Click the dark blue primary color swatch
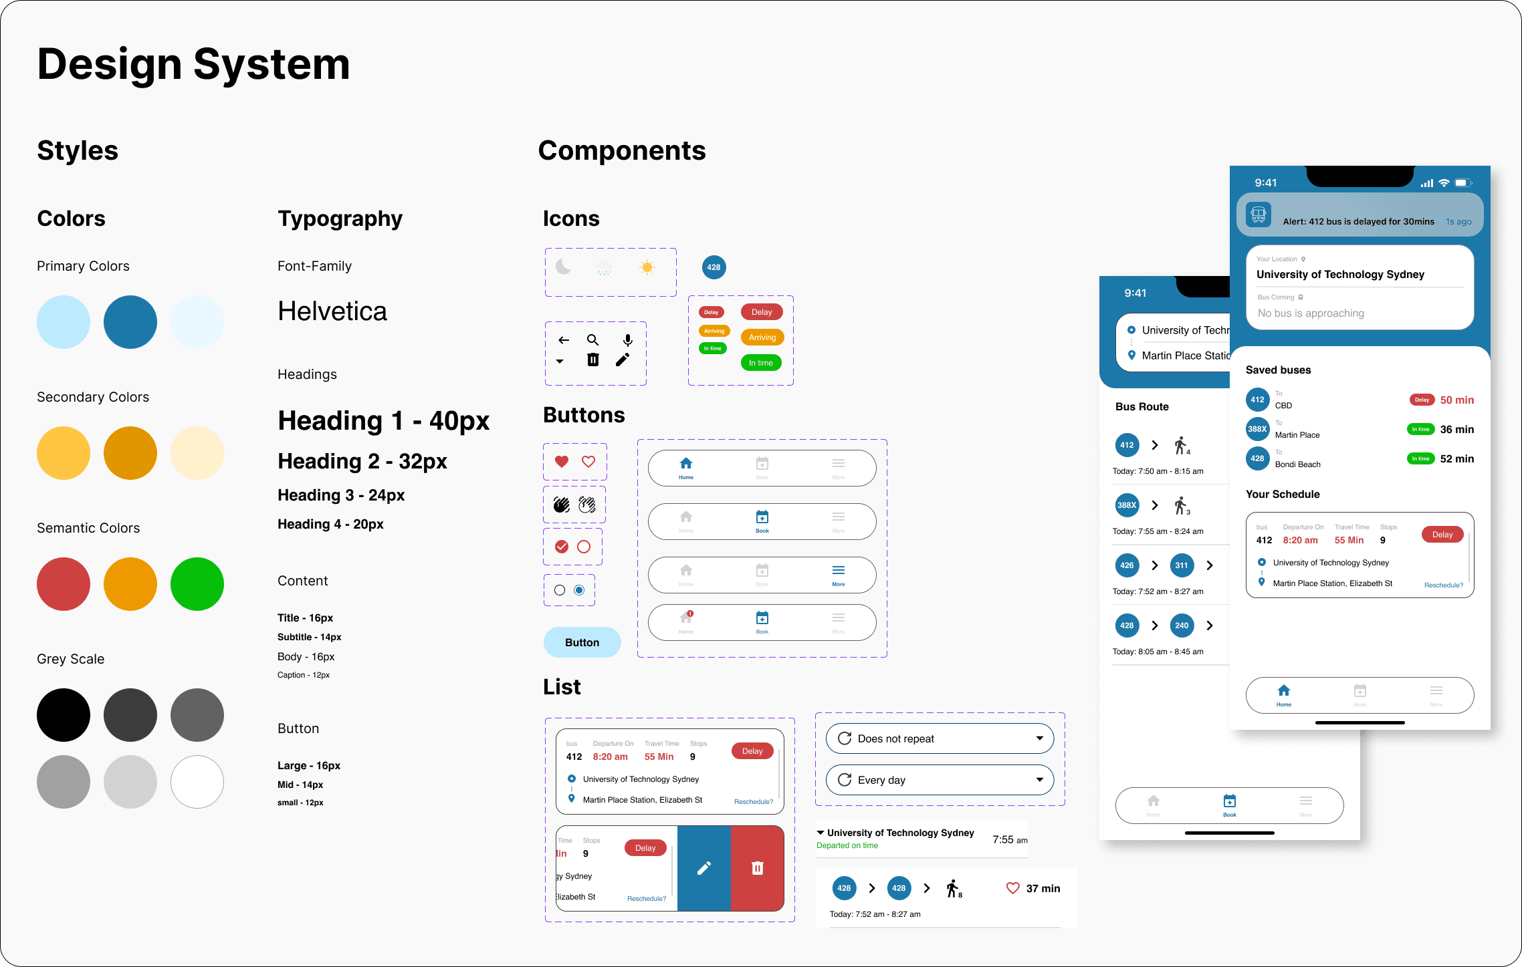[130, 322]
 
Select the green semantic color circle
[197, 584]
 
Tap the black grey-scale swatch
[64, 715]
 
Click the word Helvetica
[332, 311]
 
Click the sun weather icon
[647, 268]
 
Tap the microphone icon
[627, 340]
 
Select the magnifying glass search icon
[592, 340]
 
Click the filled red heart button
[562, 462]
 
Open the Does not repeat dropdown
[940, 738]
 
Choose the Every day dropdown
[940, 780]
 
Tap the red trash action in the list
[757, 868]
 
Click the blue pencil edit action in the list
[704, 868]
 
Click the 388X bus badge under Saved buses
[1257, 429]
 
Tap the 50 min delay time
[1456, 400]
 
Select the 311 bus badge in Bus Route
[1182, 565]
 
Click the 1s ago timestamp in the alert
[1458, 222]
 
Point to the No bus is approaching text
[1311, 313]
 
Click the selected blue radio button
[579, 590]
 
